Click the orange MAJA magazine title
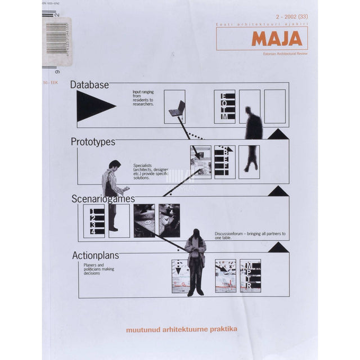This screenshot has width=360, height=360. click(276, 39)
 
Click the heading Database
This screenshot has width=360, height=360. click(89, 85)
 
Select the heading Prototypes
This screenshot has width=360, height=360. click(93, 142)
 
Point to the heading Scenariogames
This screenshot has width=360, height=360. click(103, 199)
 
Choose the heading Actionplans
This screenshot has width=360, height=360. click(96, 255)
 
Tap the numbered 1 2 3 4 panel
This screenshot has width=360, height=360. click(93, 220)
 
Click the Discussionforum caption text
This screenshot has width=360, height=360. click(250, 235)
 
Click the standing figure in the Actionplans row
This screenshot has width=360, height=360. click(195, 262)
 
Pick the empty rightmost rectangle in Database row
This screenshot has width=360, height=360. click(274, 106)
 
